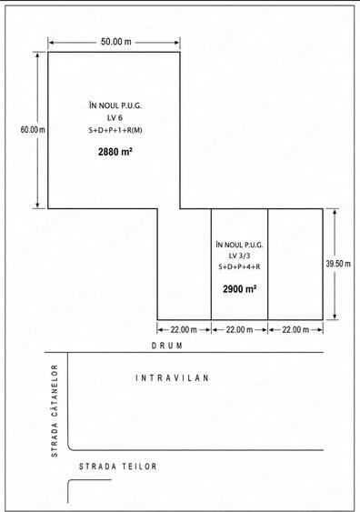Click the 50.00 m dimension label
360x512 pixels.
pos(115,42)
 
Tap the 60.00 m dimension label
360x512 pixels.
pos(33,130)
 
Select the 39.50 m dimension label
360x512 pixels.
pos(338,264)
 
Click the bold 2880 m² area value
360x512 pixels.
pos(115,152)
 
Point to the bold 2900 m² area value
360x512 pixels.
pos(240,289)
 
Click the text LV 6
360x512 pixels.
pos(115,117)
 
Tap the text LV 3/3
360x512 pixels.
pos(239,256)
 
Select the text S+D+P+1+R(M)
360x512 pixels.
pos(115,130)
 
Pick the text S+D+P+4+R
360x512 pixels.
pos(239,266)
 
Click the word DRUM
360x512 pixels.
pos(167,346)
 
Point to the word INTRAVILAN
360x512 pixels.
pos(172,378)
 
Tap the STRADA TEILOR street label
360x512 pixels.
pos(118,467)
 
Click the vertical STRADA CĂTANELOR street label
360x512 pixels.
pos(55,410)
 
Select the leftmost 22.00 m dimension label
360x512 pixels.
pos(184,330)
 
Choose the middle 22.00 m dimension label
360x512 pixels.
pos(239,330)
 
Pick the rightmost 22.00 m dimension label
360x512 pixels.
pos(295,330)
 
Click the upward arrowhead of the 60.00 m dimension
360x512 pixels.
pos(37,55)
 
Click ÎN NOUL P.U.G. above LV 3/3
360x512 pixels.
pos(239,245)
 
